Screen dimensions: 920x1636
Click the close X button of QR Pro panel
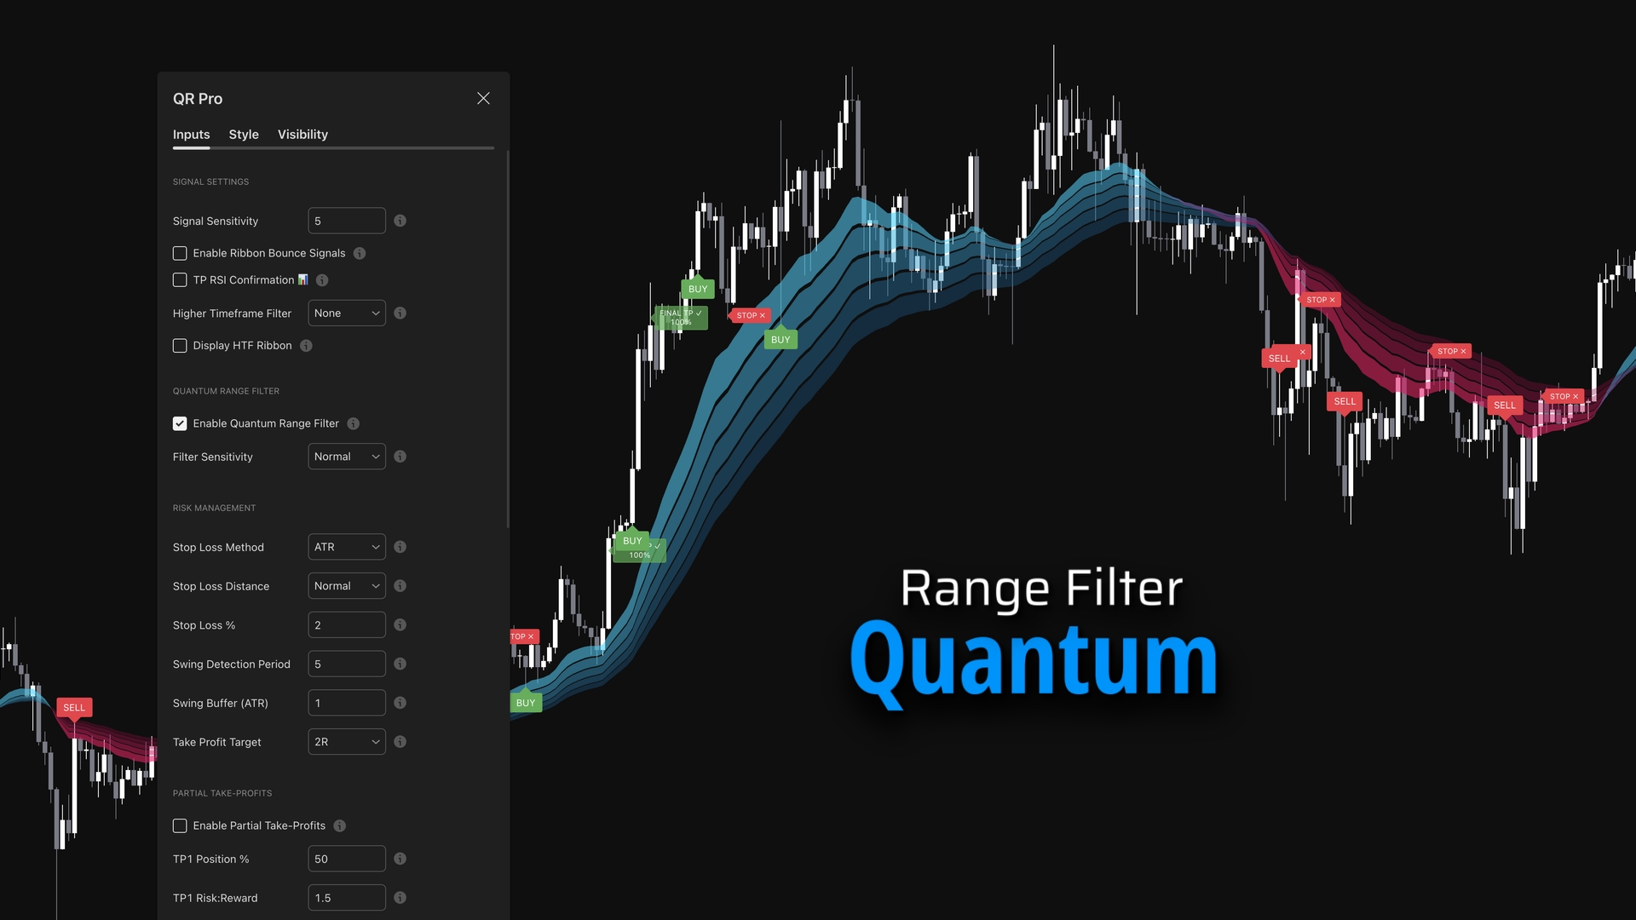[483, 99]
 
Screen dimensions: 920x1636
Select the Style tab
[244, 135]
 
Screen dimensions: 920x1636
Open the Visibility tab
[302, 135]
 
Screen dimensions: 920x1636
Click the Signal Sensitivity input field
[346, 221]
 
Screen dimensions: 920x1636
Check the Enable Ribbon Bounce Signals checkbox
[180, 253]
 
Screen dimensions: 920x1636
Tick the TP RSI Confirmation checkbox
[180, 280]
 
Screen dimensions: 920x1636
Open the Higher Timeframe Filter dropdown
[346, 313]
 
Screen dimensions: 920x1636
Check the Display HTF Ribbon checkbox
[180, 346]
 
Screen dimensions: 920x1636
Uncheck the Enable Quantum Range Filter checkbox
[180, 423]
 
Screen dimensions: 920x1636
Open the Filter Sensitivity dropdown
[346, 457]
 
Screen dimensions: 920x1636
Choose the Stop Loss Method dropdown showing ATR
[346, 547]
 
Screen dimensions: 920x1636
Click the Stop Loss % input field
[346, 625]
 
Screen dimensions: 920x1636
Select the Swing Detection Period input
[346, 664]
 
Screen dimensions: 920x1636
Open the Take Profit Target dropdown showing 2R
[346, 742]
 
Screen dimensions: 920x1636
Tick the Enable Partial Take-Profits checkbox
[180, 825]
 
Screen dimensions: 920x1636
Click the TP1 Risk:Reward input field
[346, 898]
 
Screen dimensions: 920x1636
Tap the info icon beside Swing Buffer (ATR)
[400, 703]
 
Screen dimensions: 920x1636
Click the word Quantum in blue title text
[1034, 661]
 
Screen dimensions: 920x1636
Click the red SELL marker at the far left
[74, 708]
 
